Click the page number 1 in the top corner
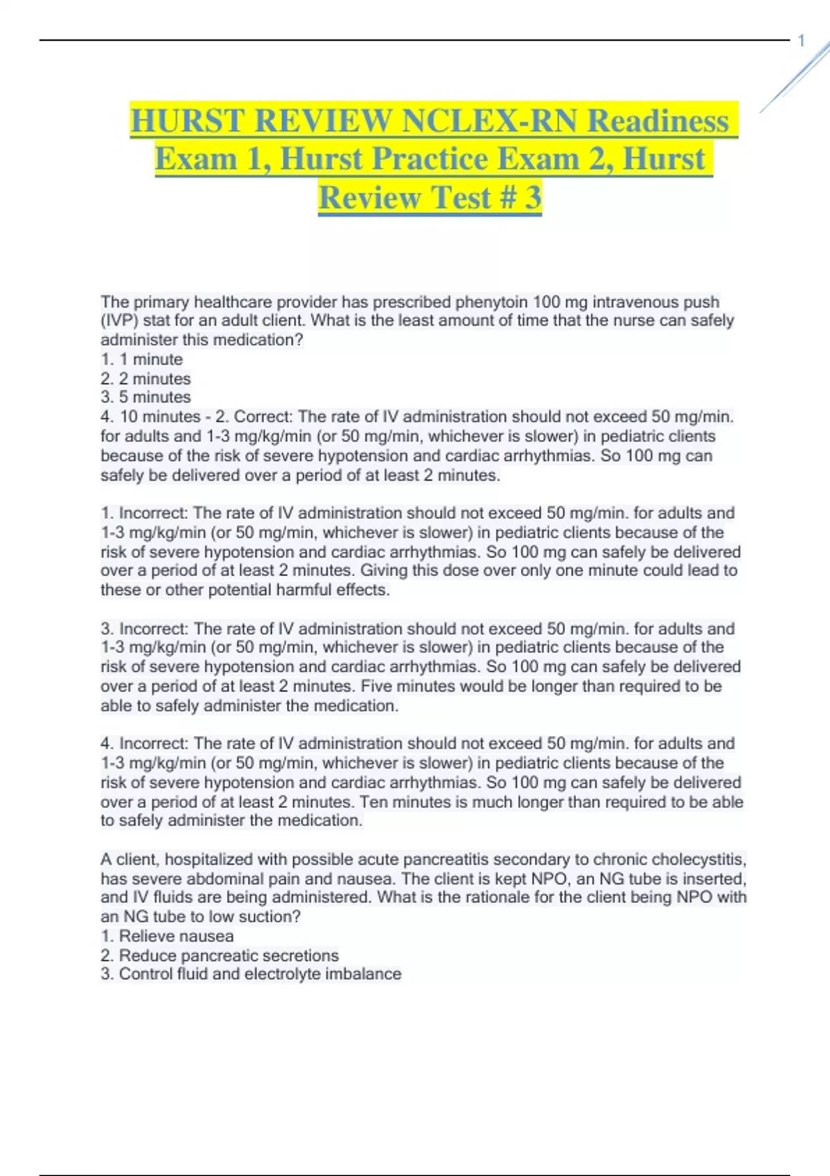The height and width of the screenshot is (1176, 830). (802, 41)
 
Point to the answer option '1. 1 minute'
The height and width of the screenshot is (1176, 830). (142, 359)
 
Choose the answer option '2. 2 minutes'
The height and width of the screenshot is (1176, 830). (145, 378)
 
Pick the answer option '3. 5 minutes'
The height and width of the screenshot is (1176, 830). (145, 397)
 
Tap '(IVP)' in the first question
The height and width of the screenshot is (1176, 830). (119, 321)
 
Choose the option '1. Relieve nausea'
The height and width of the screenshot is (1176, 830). (167, 936)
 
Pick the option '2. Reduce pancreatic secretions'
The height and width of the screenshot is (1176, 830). (219, 955)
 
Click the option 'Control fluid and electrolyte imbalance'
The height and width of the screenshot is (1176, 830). (259, 974)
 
